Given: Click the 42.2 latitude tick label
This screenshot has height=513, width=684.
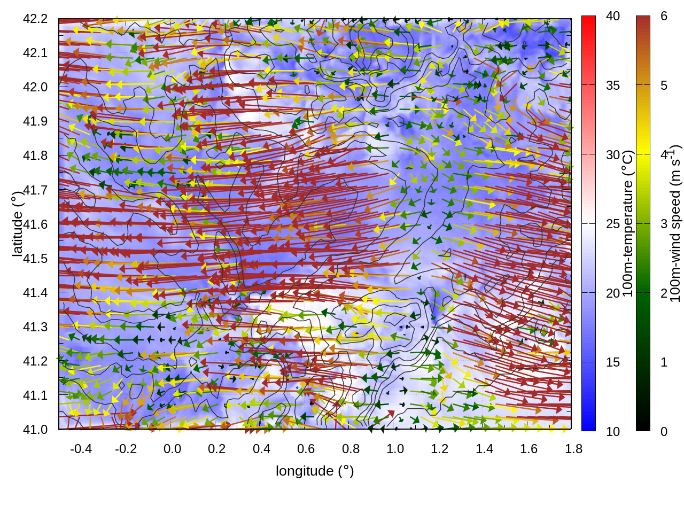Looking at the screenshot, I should click(x=35, y=19).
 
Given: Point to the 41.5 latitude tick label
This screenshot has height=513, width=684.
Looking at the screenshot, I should click(x=35, y=259).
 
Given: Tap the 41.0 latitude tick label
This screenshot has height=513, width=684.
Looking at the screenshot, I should click(x=35, y=430).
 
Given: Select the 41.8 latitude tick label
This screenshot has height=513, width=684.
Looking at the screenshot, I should click(x=35, y=156).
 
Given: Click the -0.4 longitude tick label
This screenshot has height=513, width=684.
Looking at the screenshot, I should click(x=81, y=449).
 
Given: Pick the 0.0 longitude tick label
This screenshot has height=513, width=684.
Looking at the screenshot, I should click(x=172, y=449).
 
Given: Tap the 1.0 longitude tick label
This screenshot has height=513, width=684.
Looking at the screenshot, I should click(x=395, y=449).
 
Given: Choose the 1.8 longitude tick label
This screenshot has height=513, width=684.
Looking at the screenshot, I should click(x=573, y=449).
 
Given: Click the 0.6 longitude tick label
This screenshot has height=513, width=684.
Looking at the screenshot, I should click(x=306, y=449).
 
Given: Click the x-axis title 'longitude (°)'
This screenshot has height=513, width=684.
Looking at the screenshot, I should click(x=315, y=471).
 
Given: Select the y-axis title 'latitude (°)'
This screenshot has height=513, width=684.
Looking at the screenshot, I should click(x=18, y=224).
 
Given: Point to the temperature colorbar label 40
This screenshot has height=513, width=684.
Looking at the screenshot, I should click(x=613, y=16).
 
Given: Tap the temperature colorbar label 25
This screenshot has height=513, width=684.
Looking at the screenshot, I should click(x=613, y=223).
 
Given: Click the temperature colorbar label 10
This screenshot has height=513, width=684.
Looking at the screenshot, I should click(x=613, y=431).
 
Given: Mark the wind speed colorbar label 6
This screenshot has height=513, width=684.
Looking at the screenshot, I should click(x=664, y=16).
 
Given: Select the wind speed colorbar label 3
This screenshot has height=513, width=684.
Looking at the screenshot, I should click(x=664, y=223).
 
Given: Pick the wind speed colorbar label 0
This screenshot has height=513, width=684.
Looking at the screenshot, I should click(x=664, y=431).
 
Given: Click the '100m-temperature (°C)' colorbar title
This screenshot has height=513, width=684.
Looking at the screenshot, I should click(x=628, y=223).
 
